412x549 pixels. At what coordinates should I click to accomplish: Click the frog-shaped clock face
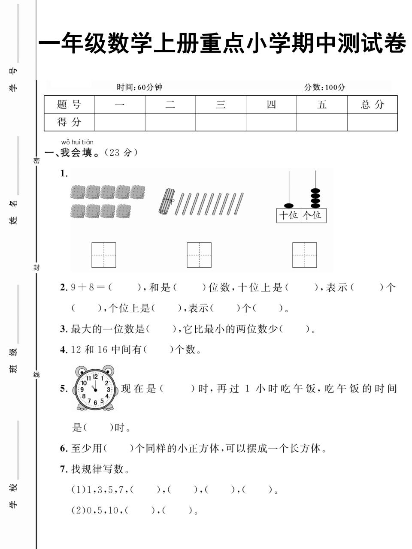pos(95,389)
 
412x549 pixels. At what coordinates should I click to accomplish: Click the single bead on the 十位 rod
pos(289,205)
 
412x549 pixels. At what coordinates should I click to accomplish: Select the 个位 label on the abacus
pos(313,215)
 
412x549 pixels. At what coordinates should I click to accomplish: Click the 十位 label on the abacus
pos(289,215)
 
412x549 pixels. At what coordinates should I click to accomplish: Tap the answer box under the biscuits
pos(103,255)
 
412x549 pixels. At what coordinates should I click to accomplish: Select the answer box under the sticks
pos(199,255)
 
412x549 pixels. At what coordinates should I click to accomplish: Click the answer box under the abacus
pos(304,255)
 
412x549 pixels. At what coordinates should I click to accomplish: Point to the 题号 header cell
pos(69,104)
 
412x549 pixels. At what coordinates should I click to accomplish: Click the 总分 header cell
pos(372,104)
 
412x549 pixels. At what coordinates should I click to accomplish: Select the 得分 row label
pos(69,122)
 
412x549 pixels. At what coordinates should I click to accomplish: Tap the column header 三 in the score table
pos(221,104)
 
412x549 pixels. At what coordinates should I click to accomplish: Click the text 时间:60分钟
pos(140,87)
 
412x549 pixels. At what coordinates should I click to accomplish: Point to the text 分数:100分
pos(324,87)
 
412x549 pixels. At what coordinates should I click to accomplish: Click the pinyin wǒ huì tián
pos(77,142)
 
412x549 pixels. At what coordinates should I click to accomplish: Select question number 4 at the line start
pos(64,350)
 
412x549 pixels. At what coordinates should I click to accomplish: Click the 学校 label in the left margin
pos(14,495)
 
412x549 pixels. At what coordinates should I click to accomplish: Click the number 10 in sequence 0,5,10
pos(113,511)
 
